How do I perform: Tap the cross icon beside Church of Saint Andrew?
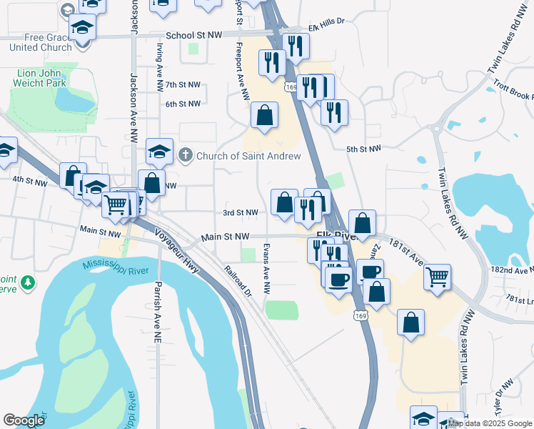coord(186,155)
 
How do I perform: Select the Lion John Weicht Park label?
coord(39,78)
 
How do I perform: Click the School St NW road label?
coord(194,34)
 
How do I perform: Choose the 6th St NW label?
coord(183,104)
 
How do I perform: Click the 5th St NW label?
coord(365,149)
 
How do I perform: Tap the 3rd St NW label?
coord(240,213)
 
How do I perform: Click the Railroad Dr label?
coord(238,281)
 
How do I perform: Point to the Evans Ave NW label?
coord(266,269)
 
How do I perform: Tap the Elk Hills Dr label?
coord(326,22)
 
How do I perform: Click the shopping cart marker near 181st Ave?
coord(437,276)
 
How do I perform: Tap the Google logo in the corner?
coord(24,420)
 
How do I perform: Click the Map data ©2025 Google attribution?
coord(490,423)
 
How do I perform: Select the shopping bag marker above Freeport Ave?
coord(264,115)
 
